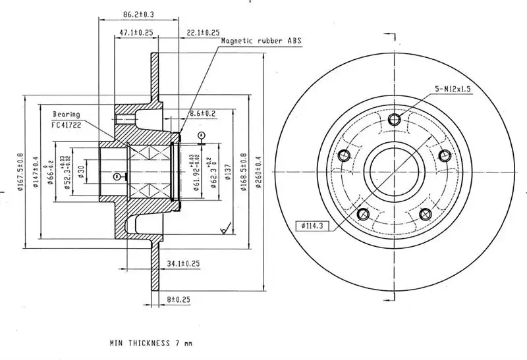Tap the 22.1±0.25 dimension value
coord(203,32)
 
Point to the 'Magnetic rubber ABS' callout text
coord(261,41)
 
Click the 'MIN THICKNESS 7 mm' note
coord(151,343)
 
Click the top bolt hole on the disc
coord(395,119)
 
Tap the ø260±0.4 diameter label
coord(259,172)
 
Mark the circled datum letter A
coord(202,135)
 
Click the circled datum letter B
coord(117,176)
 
